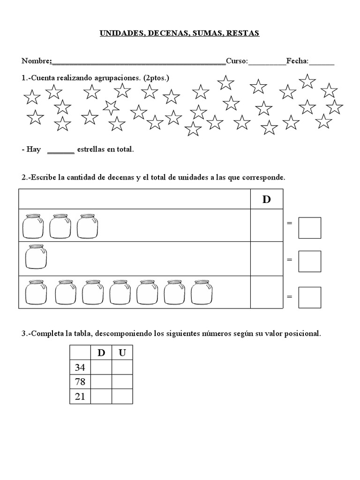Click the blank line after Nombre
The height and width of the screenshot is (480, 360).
[x=138, y=61]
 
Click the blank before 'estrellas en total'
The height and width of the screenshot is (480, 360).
[x=61, y=150]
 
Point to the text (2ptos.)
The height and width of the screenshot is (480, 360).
[x=156, y=78]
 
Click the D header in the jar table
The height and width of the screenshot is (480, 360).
[x=267, y=200]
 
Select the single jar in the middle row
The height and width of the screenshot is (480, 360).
[x=36, y=258]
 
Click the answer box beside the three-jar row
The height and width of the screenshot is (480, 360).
[x=310, y=228]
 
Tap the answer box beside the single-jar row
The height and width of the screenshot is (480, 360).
[x=310, y=261]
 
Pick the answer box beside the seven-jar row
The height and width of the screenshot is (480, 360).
[x=310, y=297]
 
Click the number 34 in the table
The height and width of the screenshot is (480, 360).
[x=80, y=367]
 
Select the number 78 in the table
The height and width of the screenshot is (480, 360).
[x=80, y=382]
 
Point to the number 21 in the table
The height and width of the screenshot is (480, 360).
[x=80, y=397]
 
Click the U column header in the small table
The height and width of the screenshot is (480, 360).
[x=122, y=353]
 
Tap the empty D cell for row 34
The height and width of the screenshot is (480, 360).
[x=101, y=367]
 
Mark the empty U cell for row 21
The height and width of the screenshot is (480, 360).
[x=122, y=397]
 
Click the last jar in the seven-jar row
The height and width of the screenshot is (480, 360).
[x=202, y=292]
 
